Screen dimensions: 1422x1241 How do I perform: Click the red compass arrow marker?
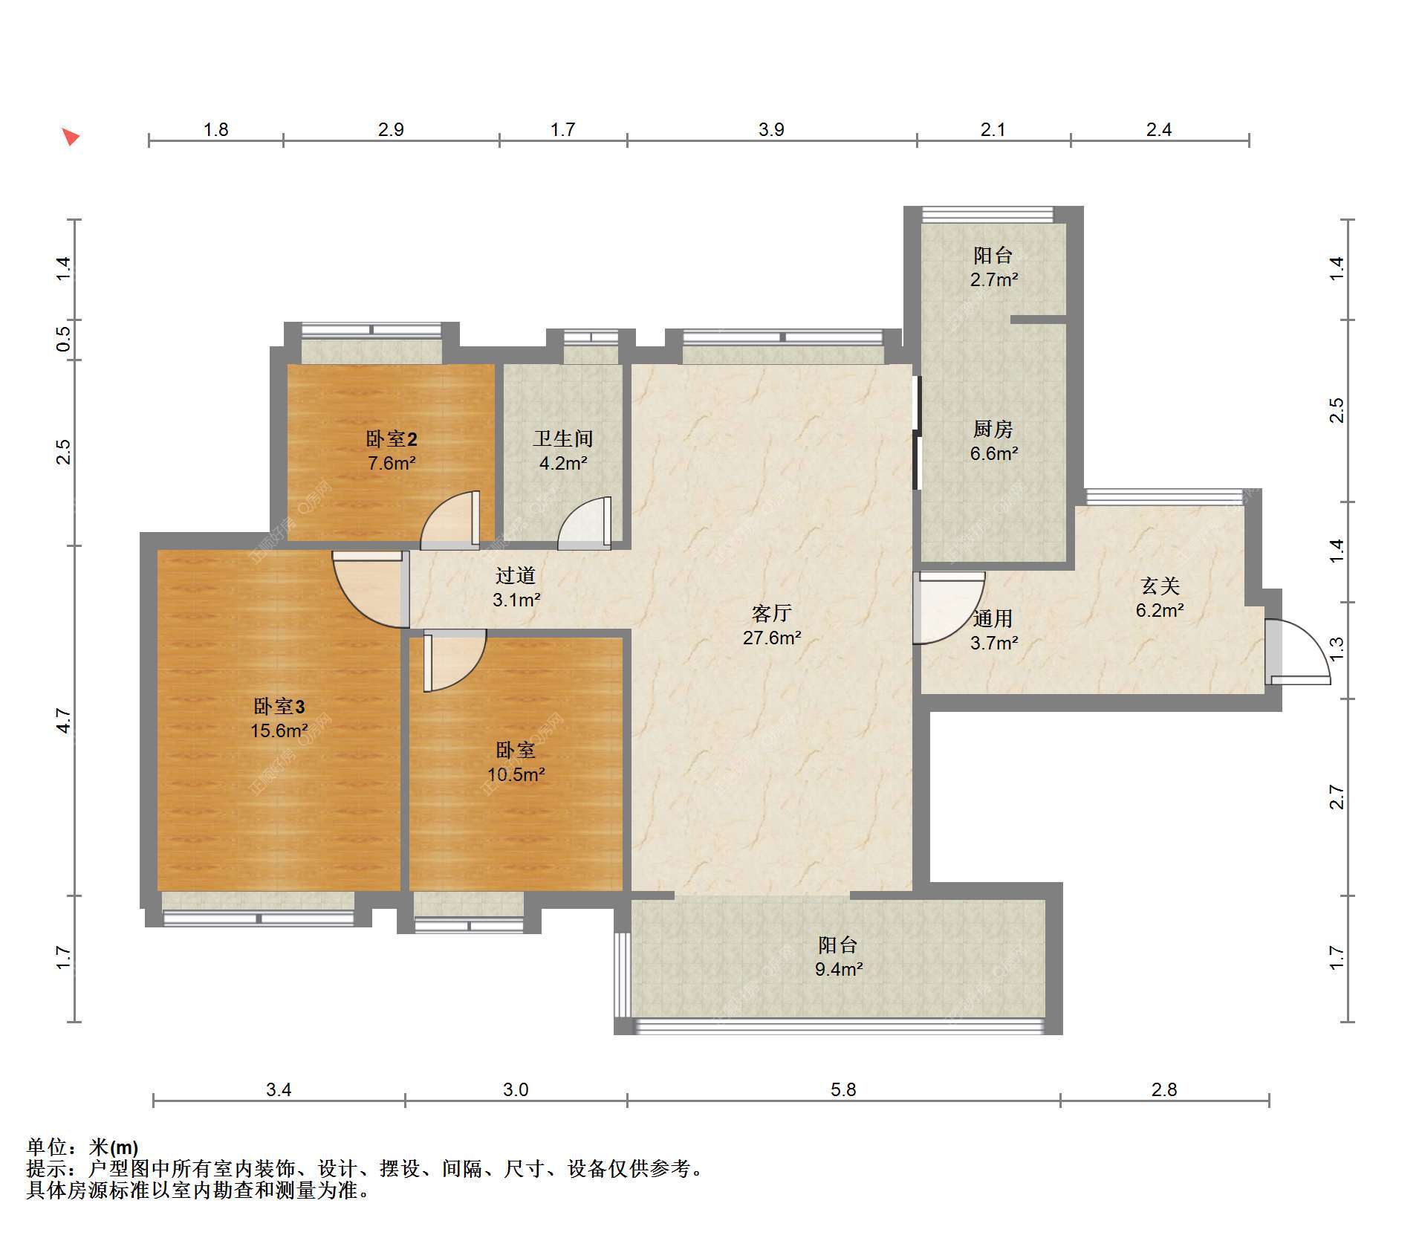(x=71, y=137)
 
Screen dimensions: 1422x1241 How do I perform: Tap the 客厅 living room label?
(x=771, y=613)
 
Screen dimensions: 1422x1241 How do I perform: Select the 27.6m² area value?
(x=772, y=638)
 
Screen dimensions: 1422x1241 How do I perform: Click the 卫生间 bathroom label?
(x=563, y=438)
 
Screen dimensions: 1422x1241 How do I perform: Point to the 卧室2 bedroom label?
(x=392, y=438)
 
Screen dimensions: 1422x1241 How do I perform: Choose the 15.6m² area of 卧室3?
(x=279, y=730)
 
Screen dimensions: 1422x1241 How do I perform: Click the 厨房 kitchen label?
(x=993, y=429)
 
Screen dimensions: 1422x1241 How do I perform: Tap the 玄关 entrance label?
(x=1160, y=586)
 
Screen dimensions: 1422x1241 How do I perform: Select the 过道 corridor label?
(x=516, y=574)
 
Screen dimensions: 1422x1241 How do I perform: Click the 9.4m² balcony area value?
(x=838, y=969)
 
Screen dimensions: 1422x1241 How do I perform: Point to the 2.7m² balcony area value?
(x=994, y=279)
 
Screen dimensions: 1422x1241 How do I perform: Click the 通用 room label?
(x=993, y=618)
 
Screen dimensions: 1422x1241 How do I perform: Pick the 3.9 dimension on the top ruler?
(x=771, y=129)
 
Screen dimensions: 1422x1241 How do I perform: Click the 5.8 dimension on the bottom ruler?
(x=843, y=1089)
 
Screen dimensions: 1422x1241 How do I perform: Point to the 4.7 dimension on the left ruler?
(x=64, y=721)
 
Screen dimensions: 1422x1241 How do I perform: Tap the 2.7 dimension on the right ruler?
(x=1337, y=797)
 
